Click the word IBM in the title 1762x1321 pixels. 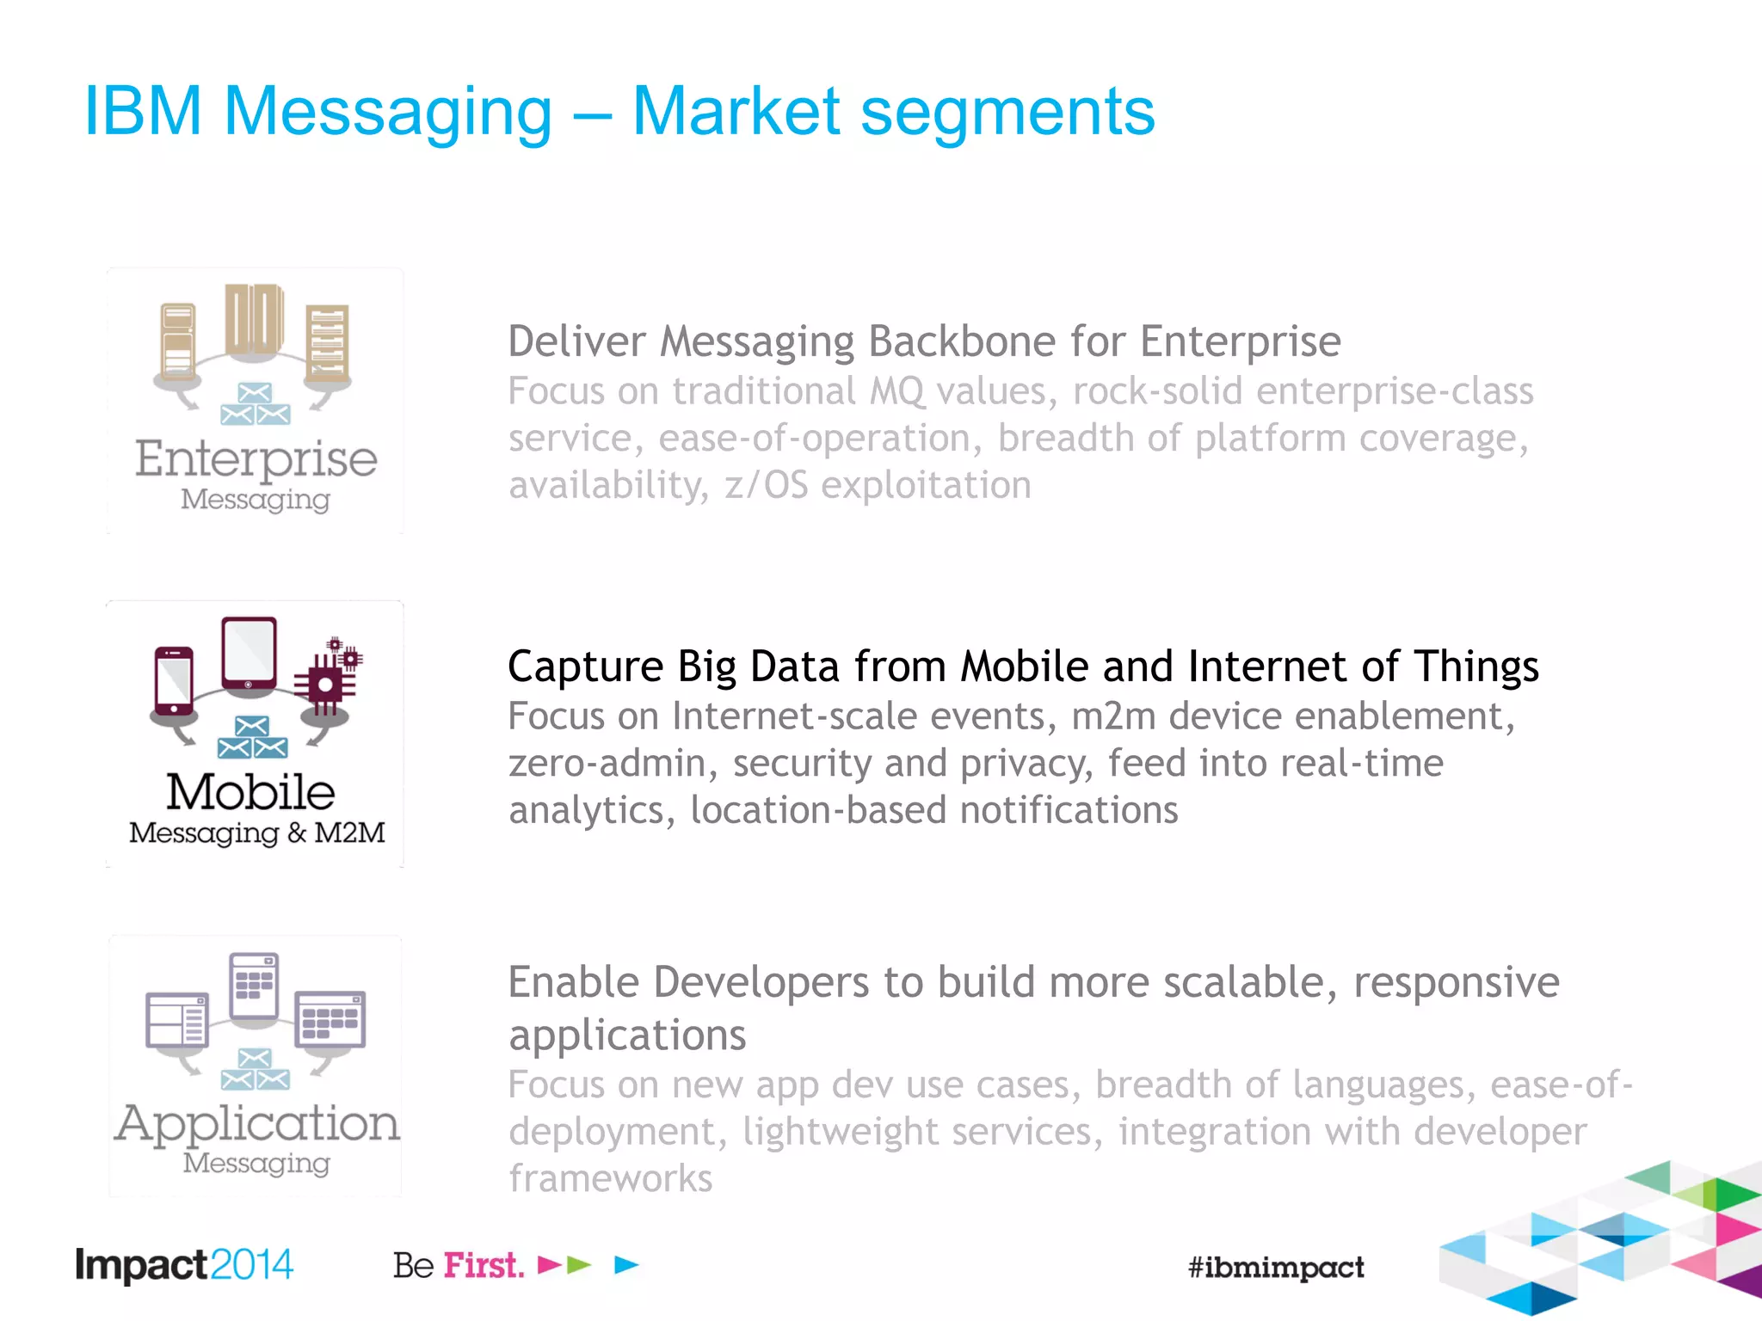(x=143, y=112)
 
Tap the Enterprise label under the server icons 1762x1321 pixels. (x=256, y=459)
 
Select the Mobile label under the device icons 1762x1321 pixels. (x=250, y=792)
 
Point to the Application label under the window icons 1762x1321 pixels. (x=256, y=1123)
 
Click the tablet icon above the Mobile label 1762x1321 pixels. (x=249, y=653)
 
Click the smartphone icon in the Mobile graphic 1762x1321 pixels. (x=174, y=680)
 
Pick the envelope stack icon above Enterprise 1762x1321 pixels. (x=255, y=404)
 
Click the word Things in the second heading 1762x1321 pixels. (x=1476, y=667)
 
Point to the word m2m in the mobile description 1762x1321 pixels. (x=1113, y=716)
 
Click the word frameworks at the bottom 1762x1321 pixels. (x=610, y=1178)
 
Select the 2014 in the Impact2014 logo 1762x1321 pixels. (x=251, y=1265)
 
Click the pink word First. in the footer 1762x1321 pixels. (x=484, y=1265)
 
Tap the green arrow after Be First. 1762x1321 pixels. (x=580, y=1264)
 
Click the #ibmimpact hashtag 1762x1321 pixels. (x=1275, y=1267)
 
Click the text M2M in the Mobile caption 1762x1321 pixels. (x=349, y=833)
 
